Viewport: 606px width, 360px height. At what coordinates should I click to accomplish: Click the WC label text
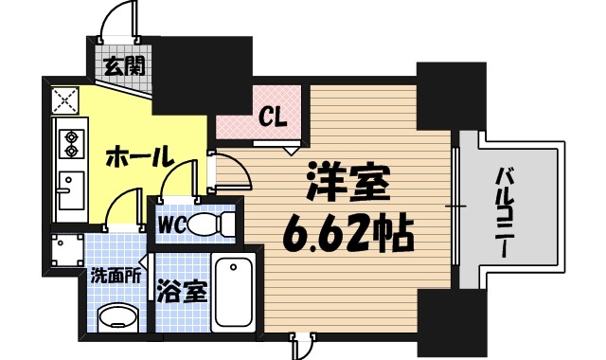pos(170,225)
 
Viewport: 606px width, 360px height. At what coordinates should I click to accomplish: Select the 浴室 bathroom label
pos(182,292)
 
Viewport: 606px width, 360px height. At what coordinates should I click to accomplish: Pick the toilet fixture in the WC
pos(212,225)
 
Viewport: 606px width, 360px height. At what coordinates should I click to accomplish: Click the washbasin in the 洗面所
pos(117,316)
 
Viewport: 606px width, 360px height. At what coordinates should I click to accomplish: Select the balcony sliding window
pos(455,207)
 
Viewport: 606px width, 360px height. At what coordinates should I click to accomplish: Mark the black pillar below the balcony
pos(449,322)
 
